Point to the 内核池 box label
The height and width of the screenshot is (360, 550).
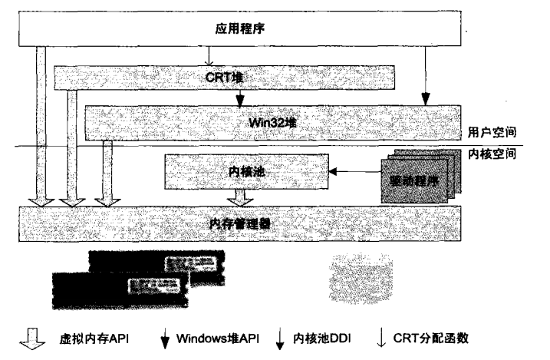[x=248, y=171]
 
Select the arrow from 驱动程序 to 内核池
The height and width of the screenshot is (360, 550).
[x=356, y=171]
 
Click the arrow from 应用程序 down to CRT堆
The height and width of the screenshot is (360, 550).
[x=209, y=55]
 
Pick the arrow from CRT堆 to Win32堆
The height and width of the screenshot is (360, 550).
[x=240, y=97]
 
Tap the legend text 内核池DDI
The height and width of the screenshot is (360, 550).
[x=321, y=339]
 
